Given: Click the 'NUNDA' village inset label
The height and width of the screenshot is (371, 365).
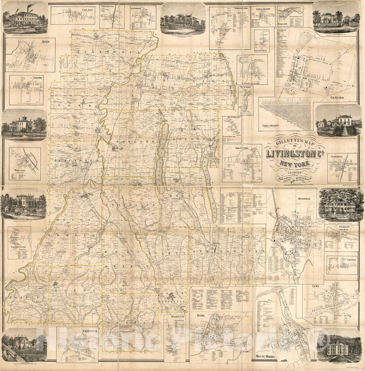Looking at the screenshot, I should (x=201, y=315).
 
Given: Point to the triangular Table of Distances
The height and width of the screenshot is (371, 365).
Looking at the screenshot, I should (x=284, y=113).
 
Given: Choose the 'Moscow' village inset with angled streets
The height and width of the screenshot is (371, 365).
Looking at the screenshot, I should (x=24, y=164).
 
